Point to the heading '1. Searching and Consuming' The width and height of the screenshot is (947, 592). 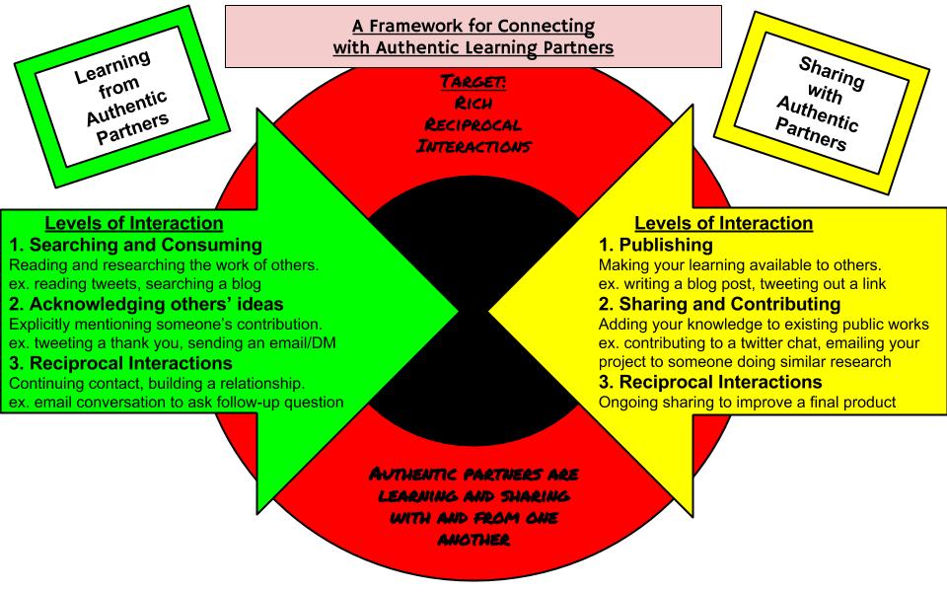[136, 245]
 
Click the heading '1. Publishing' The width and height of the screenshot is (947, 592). [656, 245]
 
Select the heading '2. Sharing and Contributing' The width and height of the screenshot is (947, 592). [720, 303]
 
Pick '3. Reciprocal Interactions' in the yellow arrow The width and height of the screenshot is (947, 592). [710, 382]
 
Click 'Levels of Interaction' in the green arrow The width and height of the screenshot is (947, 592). [134, 224]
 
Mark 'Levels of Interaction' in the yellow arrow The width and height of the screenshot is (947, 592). [723, 223]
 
